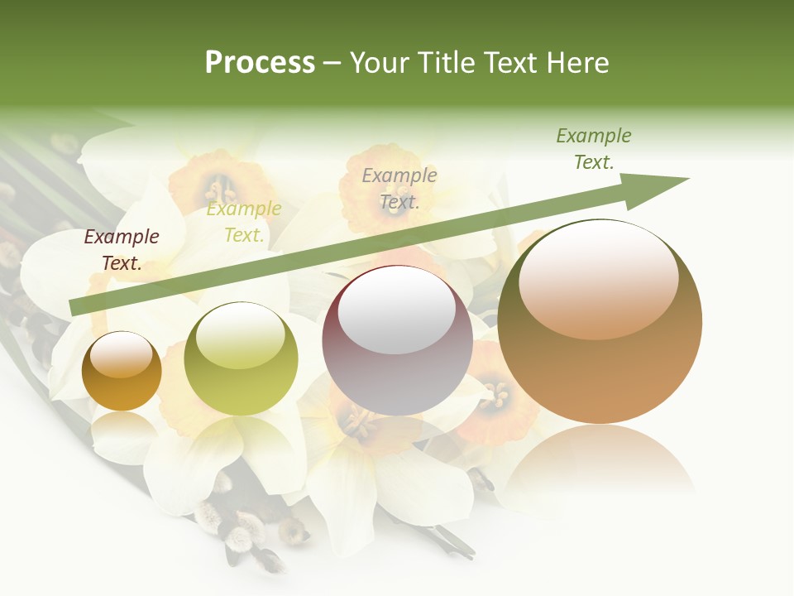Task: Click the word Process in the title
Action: click(260, 63)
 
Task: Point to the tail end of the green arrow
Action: click(76, 306)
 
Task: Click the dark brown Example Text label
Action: click(122, 250)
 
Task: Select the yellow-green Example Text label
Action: click(244, 222)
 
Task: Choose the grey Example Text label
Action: click(399, 188)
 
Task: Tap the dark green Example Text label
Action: click(593, 149)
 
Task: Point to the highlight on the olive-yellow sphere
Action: click(241, 335)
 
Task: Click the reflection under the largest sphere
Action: click(600, 464)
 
